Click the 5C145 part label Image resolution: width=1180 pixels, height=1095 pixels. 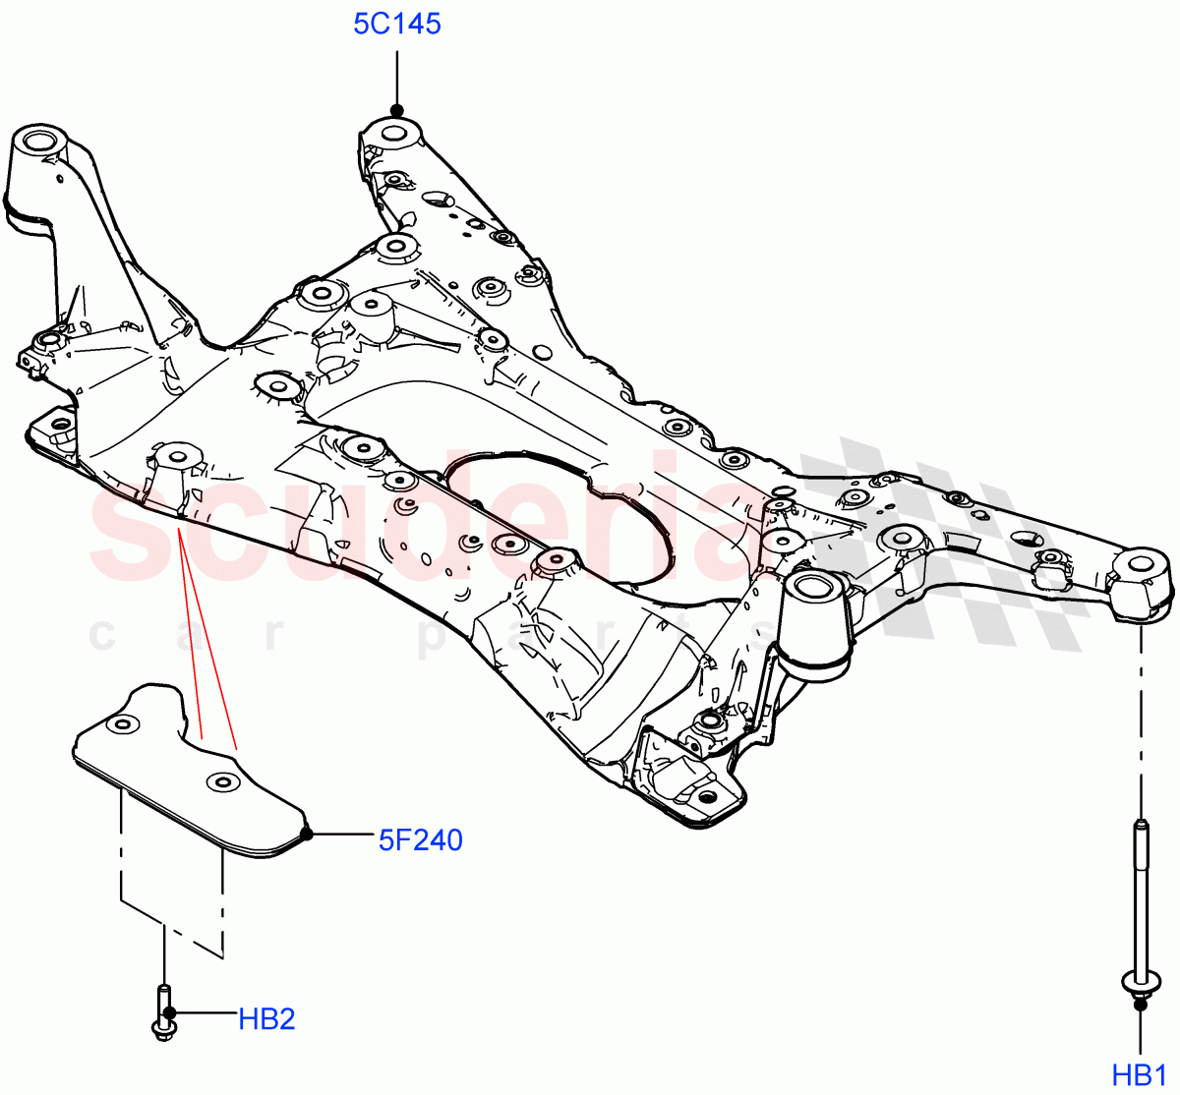point(397,23)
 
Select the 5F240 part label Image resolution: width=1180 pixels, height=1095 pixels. point(421,839)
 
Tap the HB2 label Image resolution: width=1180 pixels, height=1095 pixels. point(266,1018)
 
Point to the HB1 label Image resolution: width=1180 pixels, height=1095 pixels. point(1140,1074)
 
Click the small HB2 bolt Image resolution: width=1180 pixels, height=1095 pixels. point(162,1011)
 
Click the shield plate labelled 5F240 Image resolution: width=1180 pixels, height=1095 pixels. point(187,767)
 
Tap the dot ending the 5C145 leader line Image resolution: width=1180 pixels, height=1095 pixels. point(397,110)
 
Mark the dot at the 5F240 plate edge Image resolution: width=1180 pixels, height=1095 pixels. point(307,835)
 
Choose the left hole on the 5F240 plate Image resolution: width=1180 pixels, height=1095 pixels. point(122,725)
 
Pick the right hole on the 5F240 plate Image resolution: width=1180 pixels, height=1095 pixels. point(223,782)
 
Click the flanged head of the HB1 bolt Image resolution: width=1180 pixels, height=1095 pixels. point(1140,981)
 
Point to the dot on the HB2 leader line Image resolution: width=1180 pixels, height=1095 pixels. point(170,1011)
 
